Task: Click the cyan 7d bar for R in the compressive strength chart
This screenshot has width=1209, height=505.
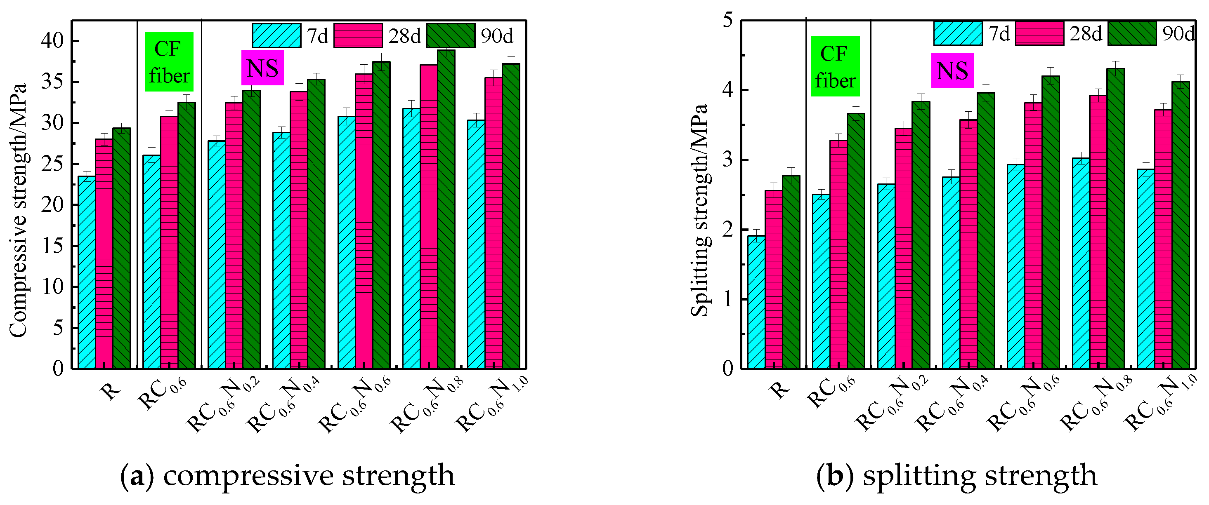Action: (86, 272)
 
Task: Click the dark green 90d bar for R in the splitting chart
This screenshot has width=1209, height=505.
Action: (791, 272)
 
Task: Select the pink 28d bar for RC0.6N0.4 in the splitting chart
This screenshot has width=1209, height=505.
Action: (968, 244)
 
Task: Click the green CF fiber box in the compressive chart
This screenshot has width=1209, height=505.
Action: (169, 62)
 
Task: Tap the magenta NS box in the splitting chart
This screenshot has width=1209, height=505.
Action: (952, 70)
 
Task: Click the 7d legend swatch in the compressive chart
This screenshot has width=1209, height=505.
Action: (276, 35)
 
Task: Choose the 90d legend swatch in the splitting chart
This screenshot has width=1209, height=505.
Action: (1131, 34)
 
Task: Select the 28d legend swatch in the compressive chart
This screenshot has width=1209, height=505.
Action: (358, 35)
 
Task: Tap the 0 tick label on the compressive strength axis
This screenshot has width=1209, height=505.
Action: (58, 369)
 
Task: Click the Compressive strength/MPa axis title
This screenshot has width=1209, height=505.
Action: (18, 210)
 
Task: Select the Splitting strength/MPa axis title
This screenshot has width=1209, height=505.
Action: (699, 210)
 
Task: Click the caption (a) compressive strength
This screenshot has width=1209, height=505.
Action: (287, 475)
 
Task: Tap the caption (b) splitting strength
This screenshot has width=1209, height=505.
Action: (956, 475)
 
